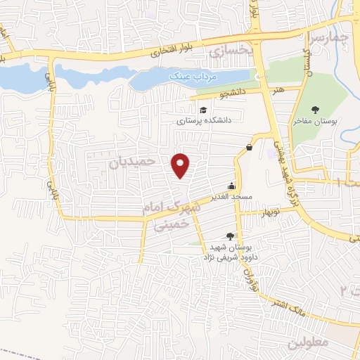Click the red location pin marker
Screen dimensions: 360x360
pyautogui.click(x=181, y=165)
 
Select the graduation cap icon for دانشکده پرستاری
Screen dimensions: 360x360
pyautogui.click(x=203, y=110)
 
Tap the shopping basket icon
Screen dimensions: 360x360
pyautogui.click(x=250, y=147)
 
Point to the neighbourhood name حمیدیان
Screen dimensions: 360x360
pyautogui.click(x=131, y=162)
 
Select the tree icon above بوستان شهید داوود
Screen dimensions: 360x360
pyautogui.click(x=231, y=237)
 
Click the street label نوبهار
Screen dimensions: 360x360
pyautogui.click(x=270, y=212)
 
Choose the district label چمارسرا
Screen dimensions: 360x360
pyautogui.click(x=330, y=37)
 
